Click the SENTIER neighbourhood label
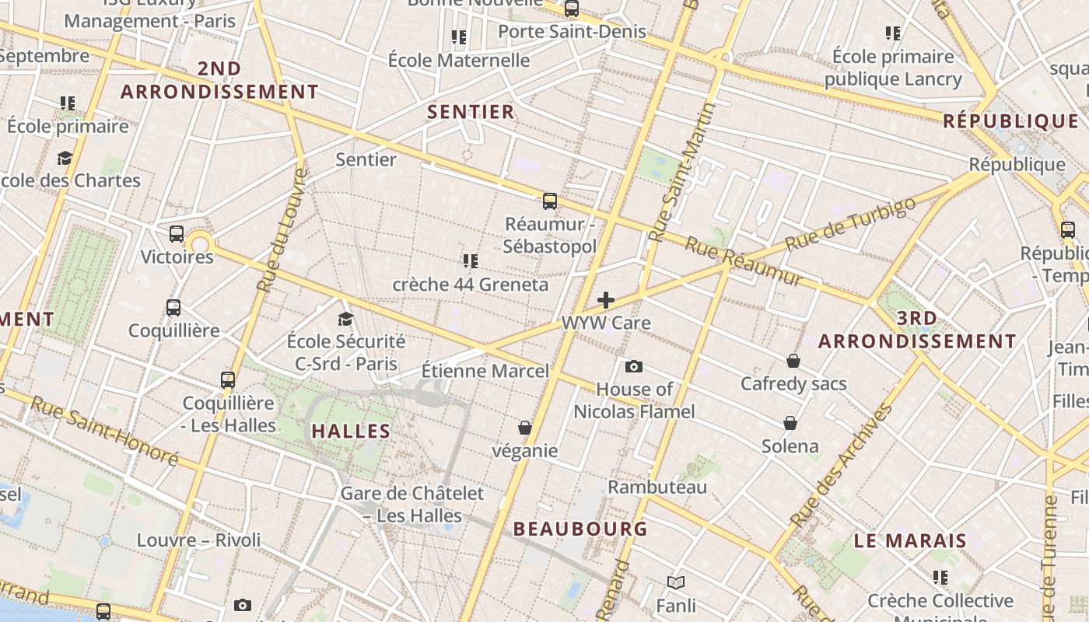click(471, 112)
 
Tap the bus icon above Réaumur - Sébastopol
click(550, 201)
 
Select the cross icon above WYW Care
click(606, 300)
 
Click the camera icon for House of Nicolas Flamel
click(634, 366)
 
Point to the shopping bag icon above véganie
click(525, 428)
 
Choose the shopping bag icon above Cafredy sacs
click(793, 361)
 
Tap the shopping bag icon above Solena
click(790, 423)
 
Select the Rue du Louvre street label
click(281, 231)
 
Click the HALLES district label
click(351, 431)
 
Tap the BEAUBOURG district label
click(580, 529)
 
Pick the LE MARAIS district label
click(910, 540)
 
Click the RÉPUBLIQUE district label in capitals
click(1011, 121)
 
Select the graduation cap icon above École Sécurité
click(345, 319)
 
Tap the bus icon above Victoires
click(177, 233)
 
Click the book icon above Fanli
click(676, 582)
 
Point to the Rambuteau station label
click(657, 487)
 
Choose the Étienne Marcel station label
click(485, 371)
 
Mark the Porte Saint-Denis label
click(572, 31)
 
